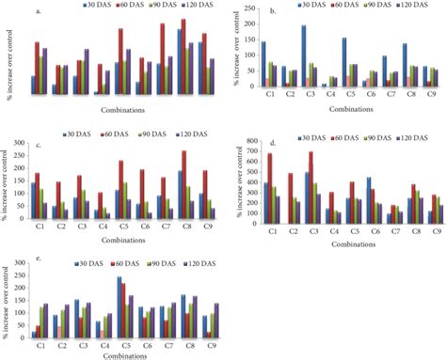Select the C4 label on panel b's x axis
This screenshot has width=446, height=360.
coord(324,95)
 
